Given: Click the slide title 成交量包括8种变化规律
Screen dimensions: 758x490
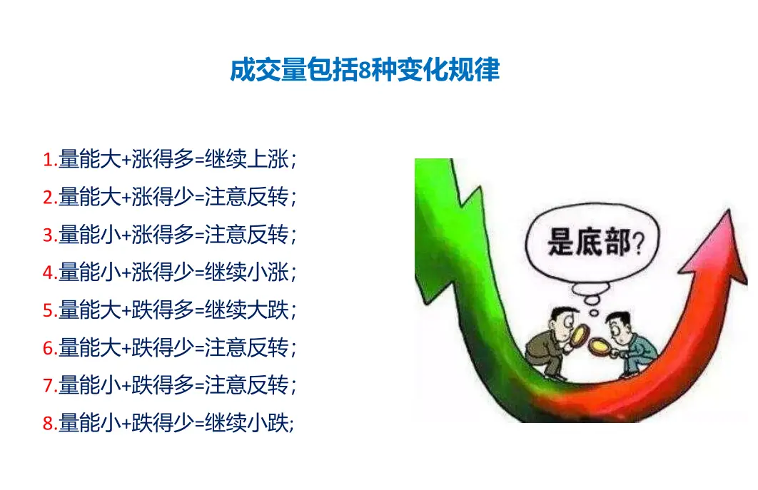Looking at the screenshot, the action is pyautogui.click(x=365, y=70).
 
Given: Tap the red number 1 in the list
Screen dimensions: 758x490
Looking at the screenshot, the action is pyautogui.click(x=48, y=159).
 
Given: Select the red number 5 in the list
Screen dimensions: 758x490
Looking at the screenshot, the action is pyautogui.click(x=48, y=310).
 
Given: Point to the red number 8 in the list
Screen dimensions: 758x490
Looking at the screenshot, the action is pyautogui.click(x=48, y=424).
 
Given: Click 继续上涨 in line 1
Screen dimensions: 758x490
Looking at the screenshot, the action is pyautogui.click(x=246, y=159).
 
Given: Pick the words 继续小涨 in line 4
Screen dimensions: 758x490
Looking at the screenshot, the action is pyautogui.click(x=246, y=272).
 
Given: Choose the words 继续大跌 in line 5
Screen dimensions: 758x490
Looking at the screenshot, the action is pyautogui.click(x=246, y=310).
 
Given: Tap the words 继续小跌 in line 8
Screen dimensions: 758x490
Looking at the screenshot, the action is pyautogui.click(x=246, y=423).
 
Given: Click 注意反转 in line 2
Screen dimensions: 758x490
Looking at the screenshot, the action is pyautogui.click(x=246, y=197).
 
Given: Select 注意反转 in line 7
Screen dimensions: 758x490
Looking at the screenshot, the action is pyautogui.click(x=246, y=385).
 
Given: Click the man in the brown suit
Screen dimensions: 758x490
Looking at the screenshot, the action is pyautogui.click(x=552, y=343).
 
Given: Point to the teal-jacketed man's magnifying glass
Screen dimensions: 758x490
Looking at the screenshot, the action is pyautogui.click(x=601, y=347).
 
